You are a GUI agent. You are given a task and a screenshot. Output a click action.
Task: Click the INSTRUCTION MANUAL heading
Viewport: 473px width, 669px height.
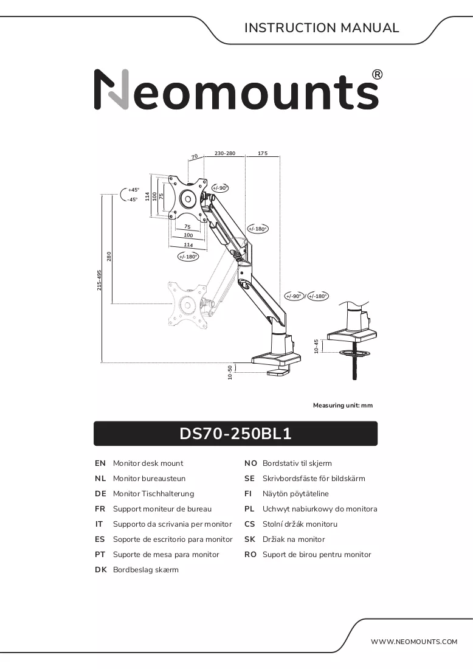pyautogui.click(x=322, y=28)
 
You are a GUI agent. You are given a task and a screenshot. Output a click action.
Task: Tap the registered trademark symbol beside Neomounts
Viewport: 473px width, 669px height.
pyautogui.click(x=377, y=75)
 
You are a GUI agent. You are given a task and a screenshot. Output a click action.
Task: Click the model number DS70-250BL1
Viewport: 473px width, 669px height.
pyautogui.click(x=235, y=434)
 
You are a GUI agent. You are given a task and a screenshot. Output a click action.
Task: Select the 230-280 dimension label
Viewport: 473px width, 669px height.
pyautogui.click(x=225, y=153)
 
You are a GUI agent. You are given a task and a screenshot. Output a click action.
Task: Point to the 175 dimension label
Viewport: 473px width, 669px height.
pyautogui.click(x=263, y=153)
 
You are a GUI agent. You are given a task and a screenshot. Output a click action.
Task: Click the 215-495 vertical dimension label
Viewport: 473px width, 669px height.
pyautogui.click(x=99, y=280)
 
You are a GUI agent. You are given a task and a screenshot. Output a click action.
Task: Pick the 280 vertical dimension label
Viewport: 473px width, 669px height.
pyautogui.click(x=109, y=257)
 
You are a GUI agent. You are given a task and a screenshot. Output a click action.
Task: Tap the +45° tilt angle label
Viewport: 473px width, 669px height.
pyautogui.click(x=134, y=190)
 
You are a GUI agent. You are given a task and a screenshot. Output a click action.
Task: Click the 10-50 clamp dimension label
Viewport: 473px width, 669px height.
pyautogui.click(x=230, y=372)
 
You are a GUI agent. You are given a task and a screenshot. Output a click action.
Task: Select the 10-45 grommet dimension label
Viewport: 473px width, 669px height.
pyautogui.click(x=316, y=346)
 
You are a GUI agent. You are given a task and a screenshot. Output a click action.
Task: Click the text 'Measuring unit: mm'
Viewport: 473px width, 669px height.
pyautogui.click(x=343, y=405)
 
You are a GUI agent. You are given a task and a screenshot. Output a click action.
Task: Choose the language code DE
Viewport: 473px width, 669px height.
pyautogui.click(x=100, y=494)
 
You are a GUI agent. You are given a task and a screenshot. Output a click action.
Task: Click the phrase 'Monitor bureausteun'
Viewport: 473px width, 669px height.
pyautogui.click(x=150, y=478)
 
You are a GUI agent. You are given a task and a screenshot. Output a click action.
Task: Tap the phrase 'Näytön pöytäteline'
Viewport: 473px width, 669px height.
pyautogui.click(x=295, y=494)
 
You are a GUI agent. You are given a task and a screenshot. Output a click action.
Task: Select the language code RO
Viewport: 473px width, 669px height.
pyautogui.click(x=250, y=555)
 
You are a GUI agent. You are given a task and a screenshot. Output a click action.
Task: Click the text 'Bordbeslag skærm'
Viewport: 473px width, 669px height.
pyautogui.click(x=146, y=570)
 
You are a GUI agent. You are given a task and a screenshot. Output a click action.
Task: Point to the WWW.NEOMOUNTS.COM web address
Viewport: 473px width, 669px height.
pyautogui.click(x=413, y=642)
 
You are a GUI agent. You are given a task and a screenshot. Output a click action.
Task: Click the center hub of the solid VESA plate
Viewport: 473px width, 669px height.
pyautogui.click(x=187, y=198)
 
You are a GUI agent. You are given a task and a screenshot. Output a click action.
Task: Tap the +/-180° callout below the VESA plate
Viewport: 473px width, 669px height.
pyautogui.click(x=188, y=257)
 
